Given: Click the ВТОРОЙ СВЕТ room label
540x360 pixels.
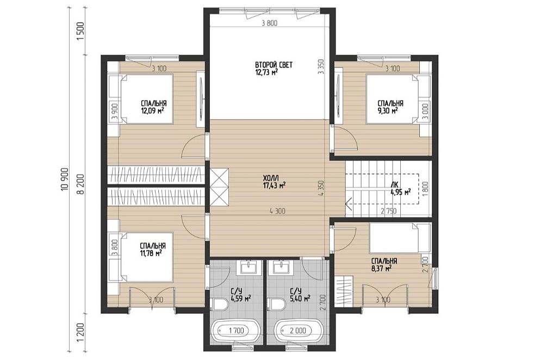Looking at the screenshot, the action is point(274,65).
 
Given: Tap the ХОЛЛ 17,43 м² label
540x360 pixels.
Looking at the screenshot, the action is point(274,182).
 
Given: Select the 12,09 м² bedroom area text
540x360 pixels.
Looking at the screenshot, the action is point(152,110).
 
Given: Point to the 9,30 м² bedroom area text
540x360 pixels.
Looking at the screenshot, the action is point(388,110).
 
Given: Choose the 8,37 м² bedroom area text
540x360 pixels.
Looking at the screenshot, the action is point(382,268).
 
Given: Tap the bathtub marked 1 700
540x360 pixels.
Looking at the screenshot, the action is point(236,331).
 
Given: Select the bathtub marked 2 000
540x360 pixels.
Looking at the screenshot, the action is point(297,331).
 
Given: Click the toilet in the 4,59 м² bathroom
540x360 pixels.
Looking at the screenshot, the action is point(220,304).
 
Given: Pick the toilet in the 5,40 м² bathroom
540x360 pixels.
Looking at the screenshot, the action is point(277,304).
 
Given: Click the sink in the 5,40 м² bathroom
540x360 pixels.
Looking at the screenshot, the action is point(282,267).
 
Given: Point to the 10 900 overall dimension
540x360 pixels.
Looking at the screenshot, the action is point(64,180).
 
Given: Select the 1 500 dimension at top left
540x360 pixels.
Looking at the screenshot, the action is point(80,32).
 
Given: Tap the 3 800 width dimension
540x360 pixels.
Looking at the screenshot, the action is point(269,23).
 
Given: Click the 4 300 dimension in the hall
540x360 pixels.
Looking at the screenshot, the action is point(277,211).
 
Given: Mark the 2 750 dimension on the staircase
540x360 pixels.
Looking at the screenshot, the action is point(388,211).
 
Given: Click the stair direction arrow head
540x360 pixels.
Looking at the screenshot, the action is point(347,202).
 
